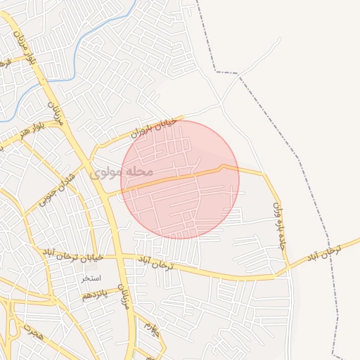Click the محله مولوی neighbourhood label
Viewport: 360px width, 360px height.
121,171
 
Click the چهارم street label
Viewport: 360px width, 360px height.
153,328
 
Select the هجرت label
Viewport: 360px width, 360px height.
32,333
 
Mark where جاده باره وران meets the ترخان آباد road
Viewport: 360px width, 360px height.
288,266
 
